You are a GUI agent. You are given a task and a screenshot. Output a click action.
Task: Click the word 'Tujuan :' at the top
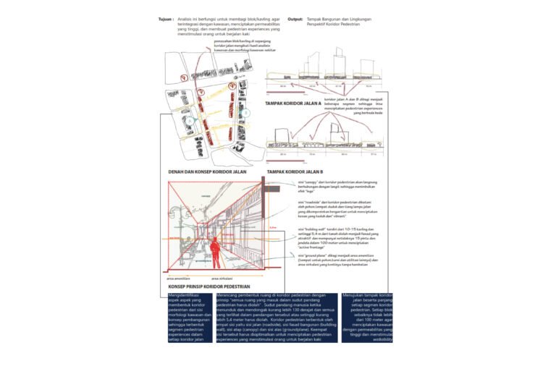point(166,19)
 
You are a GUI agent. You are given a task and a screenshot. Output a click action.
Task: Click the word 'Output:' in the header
point(295,19)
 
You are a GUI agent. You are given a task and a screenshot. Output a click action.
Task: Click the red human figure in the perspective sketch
point(214,255)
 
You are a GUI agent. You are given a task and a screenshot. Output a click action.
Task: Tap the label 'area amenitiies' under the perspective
point(177,278)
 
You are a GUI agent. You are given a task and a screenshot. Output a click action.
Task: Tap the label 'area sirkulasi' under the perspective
point(223,278)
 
